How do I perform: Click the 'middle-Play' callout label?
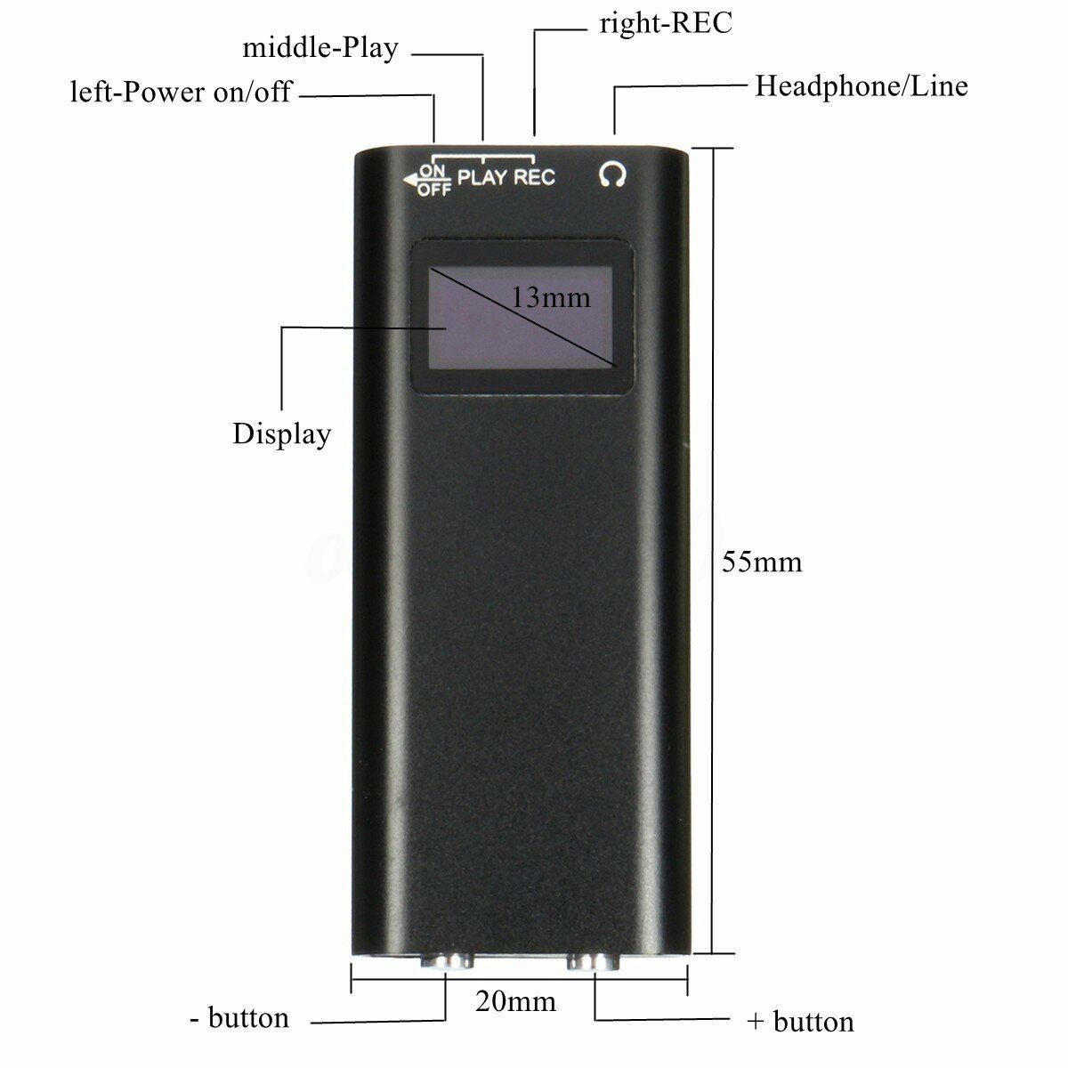pyautogui.click(x=320, y=47)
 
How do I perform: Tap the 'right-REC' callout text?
pyautogui.click(x=666, y=23)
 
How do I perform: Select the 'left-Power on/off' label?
pyautogui.click(x=181, y=92)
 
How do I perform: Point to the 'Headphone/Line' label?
pyautogui.click(x=861, y=86)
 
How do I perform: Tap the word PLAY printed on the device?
pyautogui.click(x=483, y=177)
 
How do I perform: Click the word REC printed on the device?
pyautogui.click(x=535, y=177)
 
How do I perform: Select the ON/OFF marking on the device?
pyautogui.click(x=434, y=179)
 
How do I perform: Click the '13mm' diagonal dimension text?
pyautogui.click(x=551, y=297)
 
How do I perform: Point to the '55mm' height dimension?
pyautogui.click(x=762, y=562)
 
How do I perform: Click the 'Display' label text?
pyautogui.click(x=281, y=434)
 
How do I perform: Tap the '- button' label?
pyautogui.click(x=239, y=1017)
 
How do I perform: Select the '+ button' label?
pyautogui.click(x=800, y=1022)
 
